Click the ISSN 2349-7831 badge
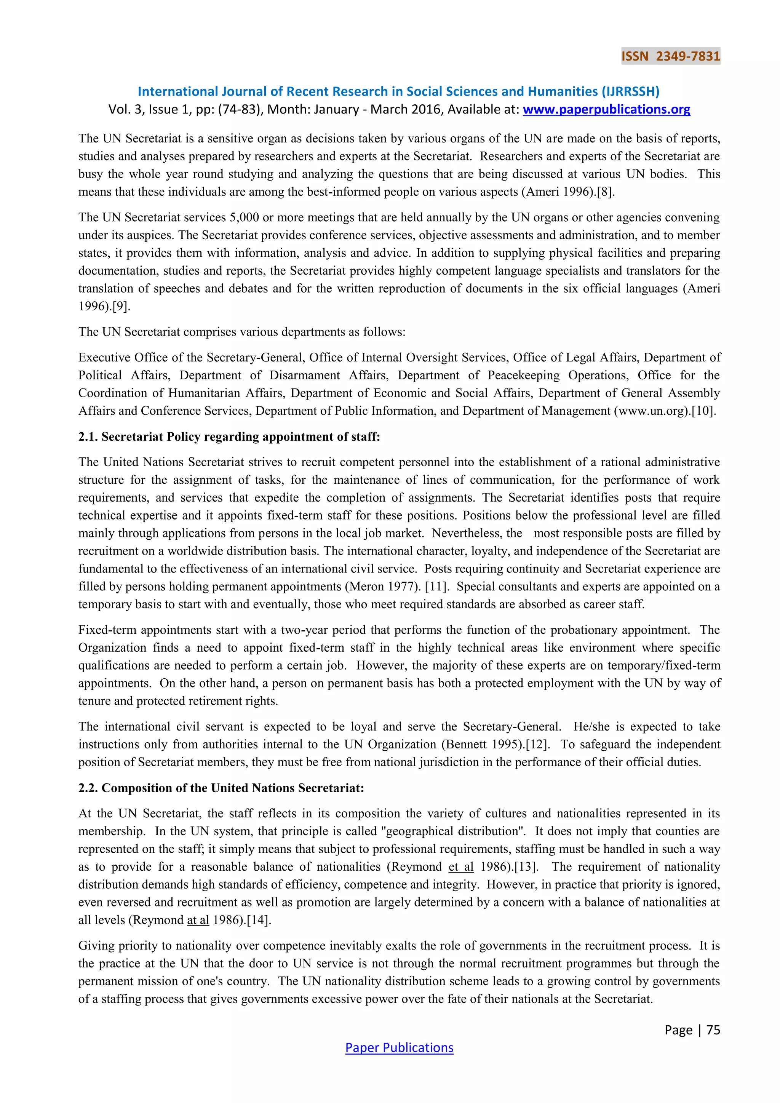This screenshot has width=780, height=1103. point(670,56)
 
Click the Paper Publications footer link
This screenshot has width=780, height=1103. point(399,1047)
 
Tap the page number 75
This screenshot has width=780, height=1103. point(713,1029)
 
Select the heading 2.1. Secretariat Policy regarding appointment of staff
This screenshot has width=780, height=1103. point(229,437)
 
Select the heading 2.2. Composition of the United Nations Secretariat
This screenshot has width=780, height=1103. point(221,788)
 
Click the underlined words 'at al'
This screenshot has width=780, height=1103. point(198,921)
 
